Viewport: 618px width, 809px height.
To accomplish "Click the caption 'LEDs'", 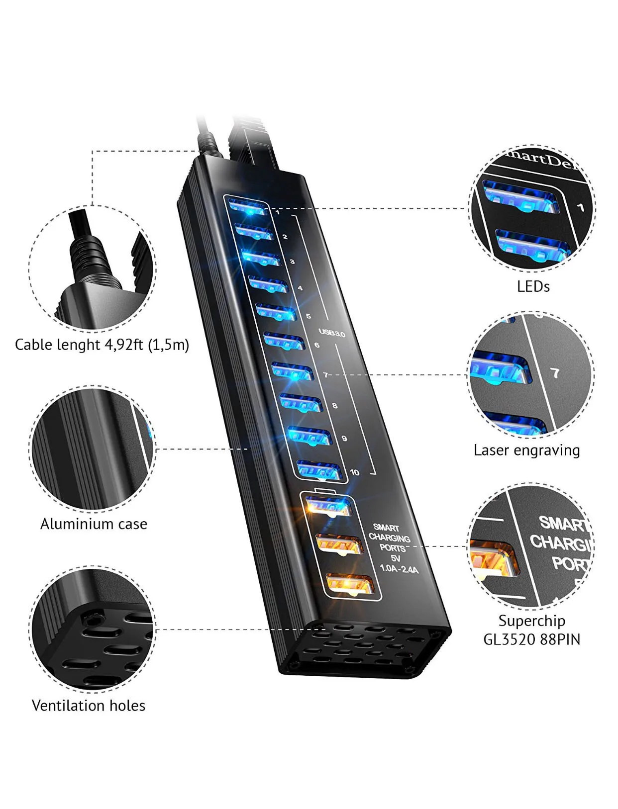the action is point(533,287).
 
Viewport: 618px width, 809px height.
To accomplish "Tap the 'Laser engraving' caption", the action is point(526,450).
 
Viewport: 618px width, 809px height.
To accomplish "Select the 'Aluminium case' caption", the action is point(94,524).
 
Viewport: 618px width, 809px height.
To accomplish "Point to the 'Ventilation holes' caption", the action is point(89,706).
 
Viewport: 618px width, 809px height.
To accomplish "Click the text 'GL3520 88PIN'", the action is point(531,639).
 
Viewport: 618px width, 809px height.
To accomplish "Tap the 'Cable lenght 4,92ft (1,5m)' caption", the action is point(102,345).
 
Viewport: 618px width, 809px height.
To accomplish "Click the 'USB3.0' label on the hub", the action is point(332,333).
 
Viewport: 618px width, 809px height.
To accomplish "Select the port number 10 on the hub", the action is point(354,472).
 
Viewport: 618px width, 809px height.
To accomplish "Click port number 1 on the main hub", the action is point(278,213).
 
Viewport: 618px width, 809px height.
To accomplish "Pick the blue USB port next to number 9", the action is point(309,436).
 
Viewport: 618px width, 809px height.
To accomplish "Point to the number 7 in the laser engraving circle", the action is point(555,373).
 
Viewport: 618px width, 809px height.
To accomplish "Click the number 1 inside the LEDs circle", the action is point(580,207).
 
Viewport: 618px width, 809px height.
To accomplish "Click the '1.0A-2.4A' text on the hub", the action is point(399,569).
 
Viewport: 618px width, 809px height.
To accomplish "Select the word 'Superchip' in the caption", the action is point(531,621).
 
